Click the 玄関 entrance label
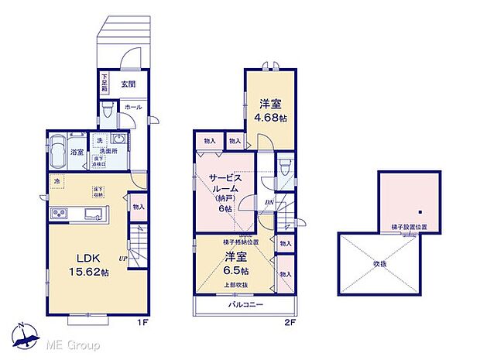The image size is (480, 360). [x=129, y=84]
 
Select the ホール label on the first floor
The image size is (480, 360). [x=132, y=108]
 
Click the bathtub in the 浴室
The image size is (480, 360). [x=58, y=153]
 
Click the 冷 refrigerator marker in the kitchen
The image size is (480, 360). [x=57, y=182]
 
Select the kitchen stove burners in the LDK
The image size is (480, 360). [x=57, y=214]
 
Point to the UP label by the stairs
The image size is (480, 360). [x=123, y=257]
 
